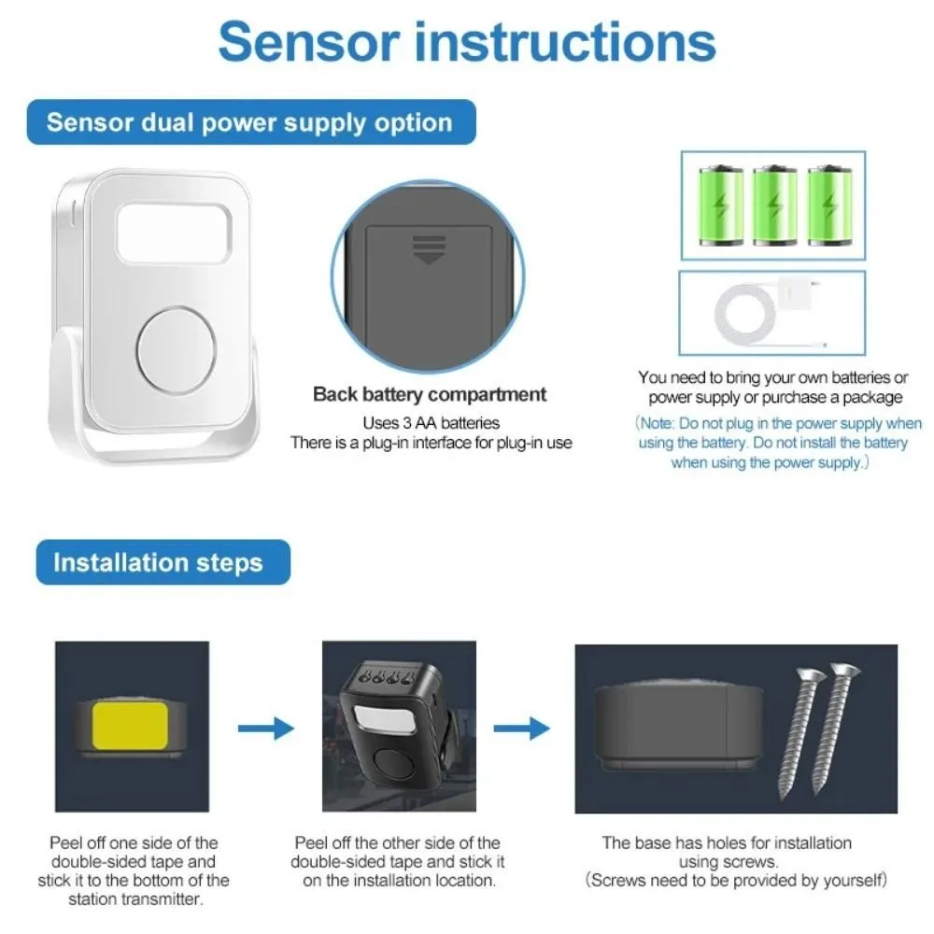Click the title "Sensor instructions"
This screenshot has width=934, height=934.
[x=467, y=42]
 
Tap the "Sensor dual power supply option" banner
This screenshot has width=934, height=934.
[x=249, y=122]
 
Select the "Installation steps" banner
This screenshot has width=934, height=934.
[x=158, y=562]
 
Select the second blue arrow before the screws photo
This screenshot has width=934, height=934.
[x=522, y=728]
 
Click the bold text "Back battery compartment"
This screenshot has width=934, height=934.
[x=430, y=393]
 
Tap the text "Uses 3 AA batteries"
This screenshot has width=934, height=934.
[x=431, y=422]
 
